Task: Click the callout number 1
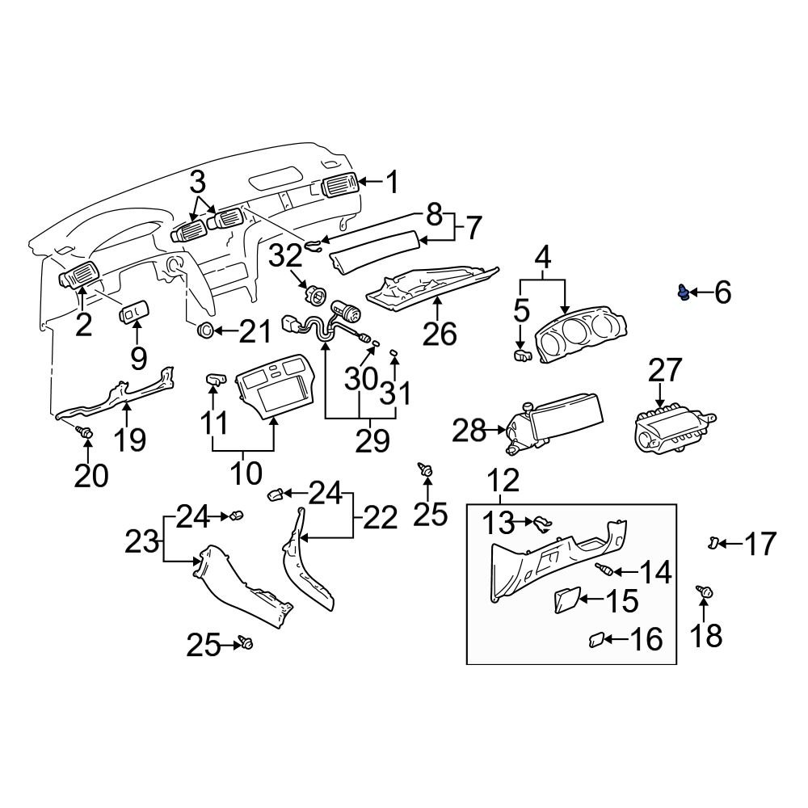(391, 183)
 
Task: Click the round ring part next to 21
(206, 330)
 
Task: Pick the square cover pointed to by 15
(565, 600)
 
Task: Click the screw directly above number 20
(85, 434)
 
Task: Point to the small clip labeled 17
(713, 541)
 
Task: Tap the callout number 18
(707, 635)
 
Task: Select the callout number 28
(470, 431)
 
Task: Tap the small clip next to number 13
(541, 524)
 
